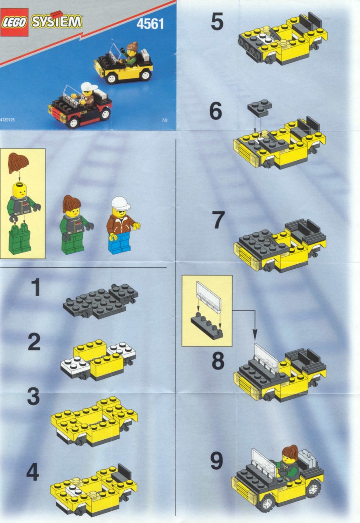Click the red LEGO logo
[14, 23]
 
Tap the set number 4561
[150, 24]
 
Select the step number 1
[36, 287]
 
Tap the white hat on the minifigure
[121, 203]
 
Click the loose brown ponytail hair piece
[18, 163]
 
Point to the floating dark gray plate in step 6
[260, 108]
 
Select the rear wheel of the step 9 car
[313, 489]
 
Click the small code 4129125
[7, 120]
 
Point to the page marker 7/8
[165, 121]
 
